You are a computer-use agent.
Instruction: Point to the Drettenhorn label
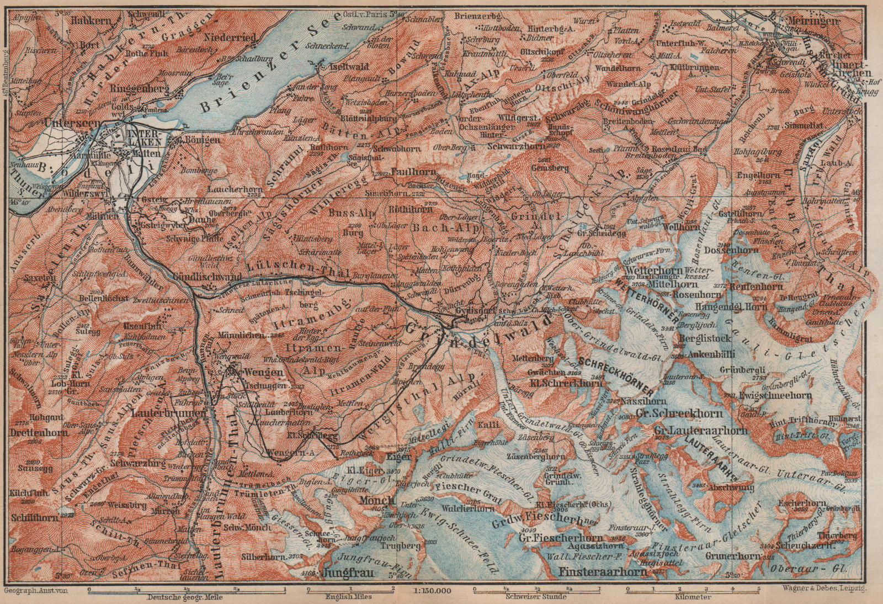point(39,432)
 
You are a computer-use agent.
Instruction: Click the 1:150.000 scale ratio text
point(435,590)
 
